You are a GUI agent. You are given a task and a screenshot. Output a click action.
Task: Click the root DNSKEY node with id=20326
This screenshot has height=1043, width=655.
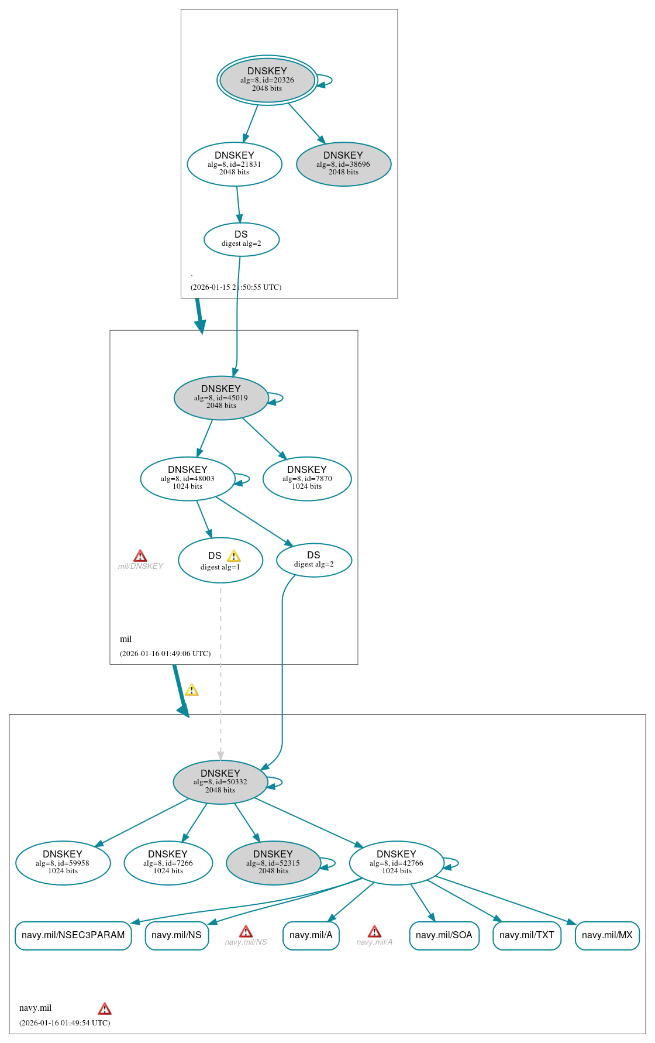pyautogui.click(x=267, y=80)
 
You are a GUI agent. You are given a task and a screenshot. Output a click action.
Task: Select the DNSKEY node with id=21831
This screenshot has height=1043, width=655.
pyautogui.click(x=235, y=164)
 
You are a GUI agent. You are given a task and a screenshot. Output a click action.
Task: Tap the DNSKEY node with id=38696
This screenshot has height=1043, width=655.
pyautogui.click(x=343, y=164)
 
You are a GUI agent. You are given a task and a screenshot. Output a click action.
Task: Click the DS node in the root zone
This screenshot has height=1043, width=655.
pyautogui.click(x=242, y=239)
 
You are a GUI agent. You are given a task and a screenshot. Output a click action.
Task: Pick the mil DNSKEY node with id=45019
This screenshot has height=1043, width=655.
pyautogui.click(x=221, y=398)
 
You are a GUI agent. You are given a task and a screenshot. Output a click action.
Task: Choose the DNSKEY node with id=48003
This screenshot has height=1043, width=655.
pyautogui.click(x=188, y=479)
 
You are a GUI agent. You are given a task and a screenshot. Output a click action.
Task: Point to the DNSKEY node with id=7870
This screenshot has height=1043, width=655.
pyautogui.click(x=307, y=479)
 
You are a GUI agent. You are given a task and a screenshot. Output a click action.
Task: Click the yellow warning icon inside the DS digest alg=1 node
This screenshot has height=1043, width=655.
pyautogui.click(x=234, y=556)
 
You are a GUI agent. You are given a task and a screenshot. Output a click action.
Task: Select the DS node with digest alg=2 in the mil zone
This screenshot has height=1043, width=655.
pyautogui.click(x=314, y=560)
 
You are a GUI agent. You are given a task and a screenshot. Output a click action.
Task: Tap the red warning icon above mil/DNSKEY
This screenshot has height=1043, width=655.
pyautogui.click(x=140, y=556)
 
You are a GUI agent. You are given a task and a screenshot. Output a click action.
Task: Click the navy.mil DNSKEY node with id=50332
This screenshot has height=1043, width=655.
pyautogui.click(x=220, y=783)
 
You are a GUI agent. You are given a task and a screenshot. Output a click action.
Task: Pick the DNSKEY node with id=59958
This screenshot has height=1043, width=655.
pyautogui.click(x=63, y=863)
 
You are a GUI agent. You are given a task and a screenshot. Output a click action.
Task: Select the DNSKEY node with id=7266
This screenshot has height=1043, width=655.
pyautogui.click(x=168, y=863)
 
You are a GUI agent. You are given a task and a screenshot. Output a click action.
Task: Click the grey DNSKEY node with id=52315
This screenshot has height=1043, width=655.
pyautogui.click(x=273, y=863)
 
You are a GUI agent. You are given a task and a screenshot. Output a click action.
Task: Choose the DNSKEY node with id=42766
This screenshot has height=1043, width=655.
pyautogui.click(x=397, y=863)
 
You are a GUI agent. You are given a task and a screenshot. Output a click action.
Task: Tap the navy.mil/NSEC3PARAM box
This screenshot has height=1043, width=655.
pyautogui.click(x=73, y=935)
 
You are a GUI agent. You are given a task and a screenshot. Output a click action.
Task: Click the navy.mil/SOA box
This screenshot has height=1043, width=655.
pyautogui.click(x=444, y=935)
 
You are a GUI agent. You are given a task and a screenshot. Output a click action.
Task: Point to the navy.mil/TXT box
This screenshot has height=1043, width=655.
pyautogui.click(x=527, y=935)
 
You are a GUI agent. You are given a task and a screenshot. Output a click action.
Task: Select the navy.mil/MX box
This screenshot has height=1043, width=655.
pyautogui.click(x=607, y=935)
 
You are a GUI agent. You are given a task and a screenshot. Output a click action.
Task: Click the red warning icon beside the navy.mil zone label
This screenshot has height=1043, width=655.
pyautogui.click(x=105, y=1009)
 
